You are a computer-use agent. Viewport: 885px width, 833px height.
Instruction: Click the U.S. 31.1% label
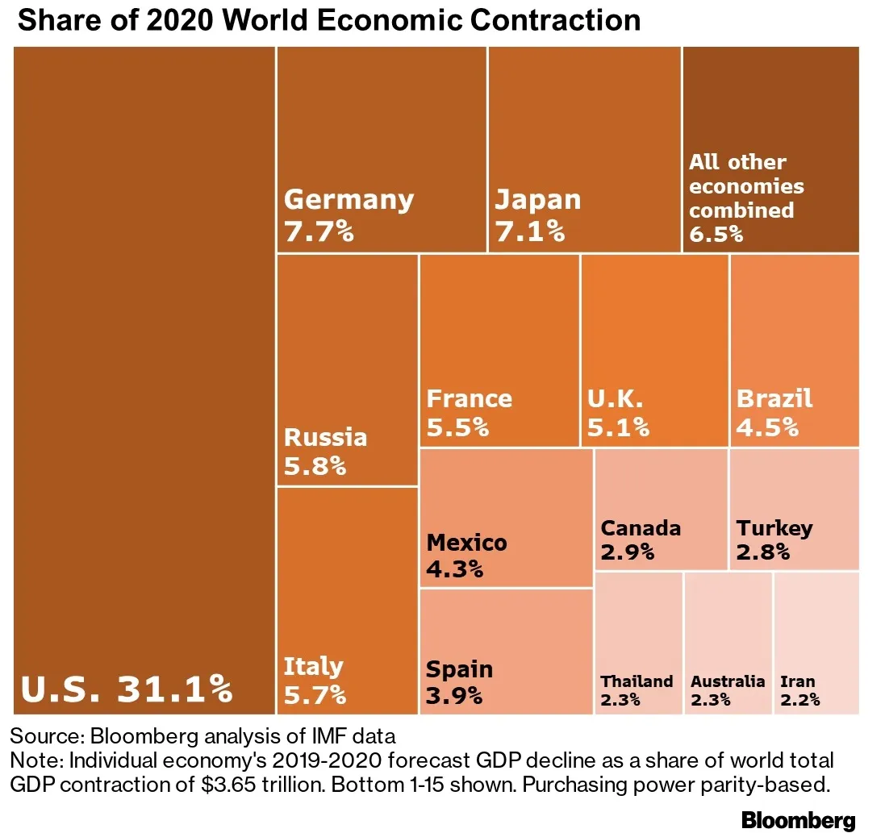127,689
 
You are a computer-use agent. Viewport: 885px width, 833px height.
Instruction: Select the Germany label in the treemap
349,199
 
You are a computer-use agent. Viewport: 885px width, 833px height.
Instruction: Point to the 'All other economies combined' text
745,186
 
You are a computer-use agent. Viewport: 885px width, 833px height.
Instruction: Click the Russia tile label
325,437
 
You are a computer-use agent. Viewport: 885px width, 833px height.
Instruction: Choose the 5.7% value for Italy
315,693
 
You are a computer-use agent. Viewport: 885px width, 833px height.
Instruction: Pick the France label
469,398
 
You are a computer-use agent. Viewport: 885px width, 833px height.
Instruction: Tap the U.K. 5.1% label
618,412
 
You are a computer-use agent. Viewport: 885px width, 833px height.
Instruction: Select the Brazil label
774,398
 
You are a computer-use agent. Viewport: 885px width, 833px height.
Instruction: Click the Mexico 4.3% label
466,556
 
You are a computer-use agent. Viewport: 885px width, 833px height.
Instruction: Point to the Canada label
641,528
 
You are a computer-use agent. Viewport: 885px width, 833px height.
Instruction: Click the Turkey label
774,528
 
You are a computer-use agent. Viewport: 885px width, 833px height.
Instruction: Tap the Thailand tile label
637,681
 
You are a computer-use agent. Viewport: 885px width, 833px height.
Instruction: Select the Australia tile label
728,681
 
